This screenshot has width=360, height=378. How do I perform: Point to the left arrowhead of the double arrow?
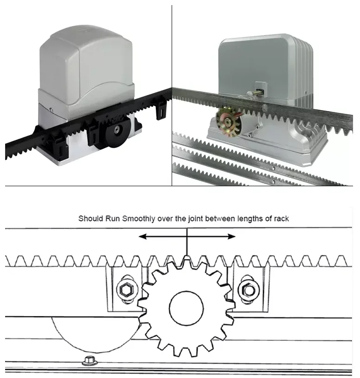coord(142,236)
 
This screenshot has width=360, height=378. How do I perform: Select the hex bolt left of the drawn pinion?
coord(125,290)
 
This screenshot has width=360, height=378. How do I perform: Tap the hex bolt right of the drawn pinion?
coord(247,290)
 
